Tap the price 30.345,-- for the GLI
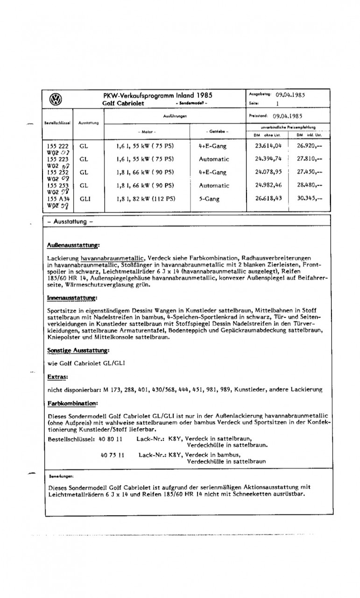(310, 198)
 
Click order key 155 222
(58, 146)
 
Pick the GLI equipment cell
(86, 198)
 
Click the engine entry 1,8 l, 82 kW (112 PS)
(145, 198)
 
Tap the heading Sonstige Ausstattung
(78, 350)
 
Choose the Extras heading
(58, 376)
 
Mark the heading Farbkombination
(72, 402)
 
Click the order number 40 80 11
(111, 439)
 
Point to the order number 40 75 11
(111, 455)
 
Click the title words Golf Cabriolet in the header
(123, 103)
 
